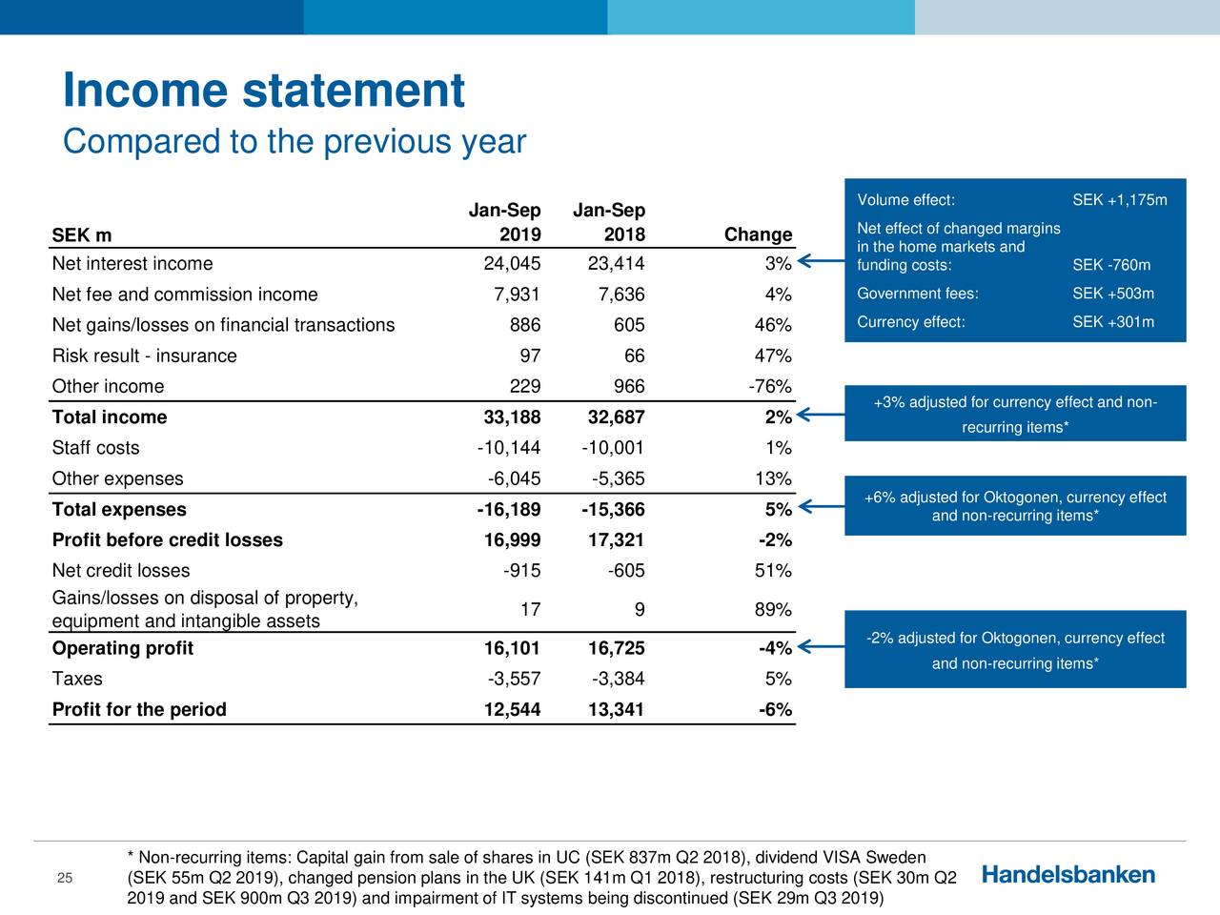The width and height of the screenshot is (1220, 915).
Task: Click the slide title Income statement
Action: pyautogui.click(x=263, y=91)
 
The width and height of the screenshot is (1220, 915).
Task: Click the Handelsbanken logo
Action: pyautogui.click(x=1067, y=875)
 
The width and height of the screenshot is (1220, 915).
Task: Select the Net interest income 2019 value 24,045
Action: pyautogui.click(x=513, y=264)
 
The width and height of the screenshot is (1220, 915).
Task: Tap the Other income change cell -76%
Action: pyautogui.click(x=769, y=387)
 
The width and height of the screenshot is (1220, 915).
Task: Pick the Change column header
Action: pyautogui.click(x=758, y=235)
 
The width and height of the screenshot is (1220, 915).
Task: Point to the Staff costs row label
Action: pyautogui.click(x=95, y=448)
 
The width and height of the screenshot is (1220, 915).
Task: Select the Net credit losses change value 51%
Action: pyautogui.click(x=772, y=571)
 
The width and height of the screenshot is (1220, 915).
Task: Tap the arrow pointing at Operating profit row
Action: pyautogui.click(x=818, y=647)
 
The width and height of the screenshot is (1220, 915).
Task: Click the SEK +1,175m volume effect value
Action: pyautogui.click(x=1119, y=200)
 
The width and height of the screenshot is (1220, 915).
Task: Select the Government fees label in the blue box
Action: pyautogui.click(x=917, y=294)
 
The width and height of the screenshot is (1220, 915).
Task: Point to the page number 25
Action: pyautogui.click(x=65, y=878)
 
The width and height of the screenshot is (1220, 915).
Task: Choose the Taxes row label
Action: pyautogui.click(x=77, y=680)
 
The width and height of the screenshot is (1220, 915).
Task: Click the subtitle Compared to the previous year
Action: pyautogui.click(x=294, y=142)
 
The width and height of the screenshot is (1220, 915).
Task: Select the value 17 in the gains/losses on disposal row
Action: pyautogui.click(x=530, y=610)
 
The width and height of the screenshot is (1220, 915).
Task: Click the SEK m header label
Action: pyautogui.click(x=81, y=235)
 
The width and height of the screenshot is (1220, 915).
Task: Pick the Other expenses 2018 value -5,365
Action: pyautogui.click(x=612, y=478)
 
